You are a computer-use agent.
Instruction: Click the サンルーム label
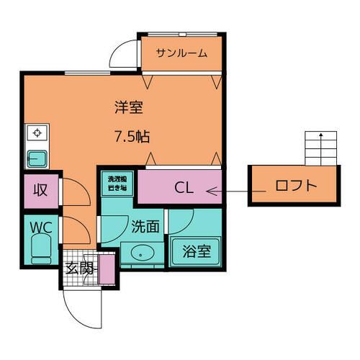point(182,53)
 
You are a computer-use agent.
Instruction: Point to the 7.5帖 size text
point(134,135)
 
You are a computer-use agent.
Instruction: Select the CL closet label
point(184,189)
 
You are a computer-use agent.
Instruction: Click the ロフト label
point(295,186)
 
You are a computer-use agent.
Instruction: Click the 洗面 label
point(145,225)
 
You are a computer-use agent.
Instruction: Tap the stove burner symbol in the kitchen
point(35,132)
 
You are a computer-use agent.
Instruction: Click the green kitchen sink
point(36,158)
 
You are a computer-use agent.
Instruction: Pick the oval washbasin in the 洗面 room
point(141,253)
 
